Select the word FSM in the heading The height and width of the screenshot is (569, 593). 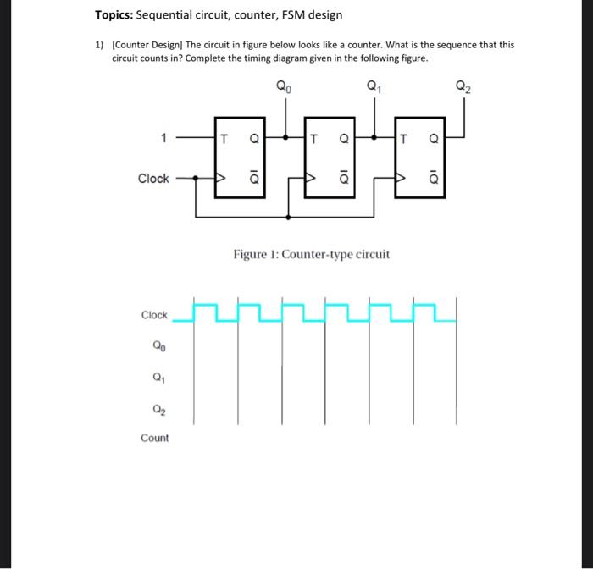pyautogui.click(x=296, y=15)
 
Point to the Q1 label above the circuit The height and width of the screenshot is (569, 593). pyautogui.click(x=374, y=86)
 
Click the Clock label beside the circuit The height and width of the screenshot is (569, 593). pyautogui.click(x=153, y=179)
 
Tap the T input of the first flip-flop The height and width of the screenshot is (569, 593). pyautogui.click(x=224, y=135)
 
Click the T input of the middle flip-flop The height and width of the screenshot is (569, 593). pyautogui.click(x=313, y=135)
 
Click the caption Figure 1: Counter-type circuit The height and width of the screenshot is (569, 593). pyautogui.click(x=312, y=255)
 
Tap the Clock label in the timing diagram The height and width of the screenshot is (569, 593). pyautogui.click(x=154, y=316)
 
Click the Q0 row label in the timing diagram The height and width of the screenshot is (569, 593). pyautogui.click(x=158, y=346)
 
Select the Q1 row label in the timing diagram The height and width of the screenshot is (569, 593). pyautogui.click(x=158, y=378)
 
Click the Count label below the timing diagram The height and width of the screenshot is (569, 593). pyautogui.click(x=155, y=438)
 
